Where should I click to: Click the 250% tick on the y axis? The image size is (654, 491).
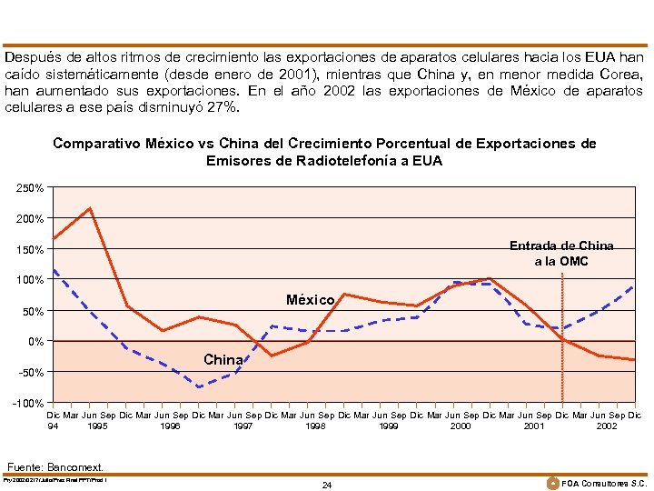pos(30,188)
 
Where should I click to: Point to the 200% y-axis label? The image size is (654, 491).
pos(30,219)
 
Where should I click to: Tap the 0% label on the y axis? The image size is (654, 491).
pos(35,342)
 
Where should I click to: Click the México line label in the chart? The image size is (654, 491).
pos(311,300)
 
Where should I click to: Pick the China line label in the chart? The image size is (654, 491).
pos(223,360)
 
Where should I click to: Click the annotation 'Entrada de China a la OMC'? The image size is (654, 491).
pos(561,254)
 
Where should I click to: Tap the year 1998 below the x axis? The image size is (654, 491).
pos(315,425)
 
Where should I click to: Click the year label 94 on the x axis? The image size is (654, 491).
pos(54,425)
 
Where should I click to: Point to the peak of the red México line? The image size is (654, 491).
pos(90,208)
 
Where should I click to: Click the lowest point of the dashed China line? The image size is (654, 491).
pos(199,387)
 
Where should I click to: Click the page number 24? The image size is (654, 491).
pos(327,485)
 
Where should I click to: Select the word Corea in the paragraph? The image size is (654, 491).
pos(621,74)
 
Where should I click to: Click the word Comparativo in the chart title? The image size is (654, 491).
pos(97,144)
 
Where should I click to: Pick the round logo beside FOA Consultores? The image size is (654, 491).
pos(554,482)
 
